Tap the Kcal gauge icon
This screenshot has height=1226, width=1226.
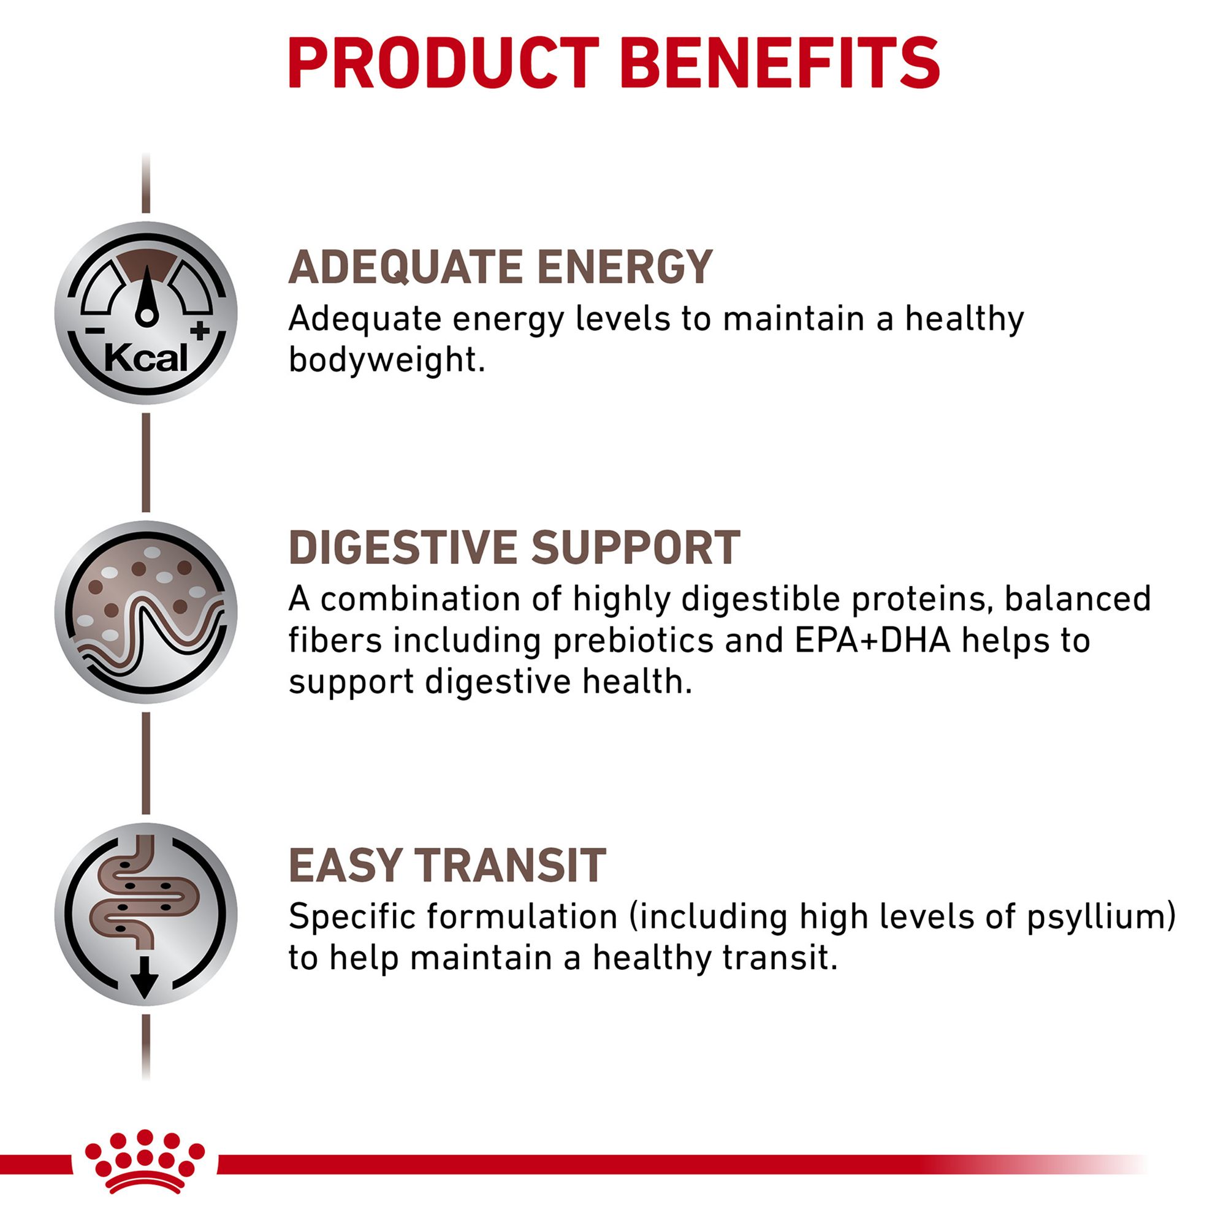tap(146, 312)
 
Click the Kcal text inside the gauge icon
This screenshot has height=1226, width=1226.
tap(146, 359)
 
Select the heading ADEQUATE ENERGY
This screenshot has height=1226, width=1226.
tap(501, 267)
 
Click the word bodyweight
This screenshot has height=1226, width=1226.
tap(386, 360)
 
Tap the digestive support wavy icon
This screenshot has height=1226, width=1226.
tap(146, 612)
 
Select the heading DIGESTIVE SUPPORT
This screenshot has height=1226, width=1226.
tap(514, 547)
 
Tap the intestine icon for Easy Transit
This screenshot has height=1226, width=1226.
tap(146, 914)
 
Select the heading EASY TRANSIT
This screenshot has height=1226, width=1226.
tap(447, 865)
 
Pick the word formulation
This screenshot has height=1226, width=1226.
tap(522, 917)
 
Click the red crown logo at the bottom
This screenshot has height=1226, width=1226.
tap(145, 1161)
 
